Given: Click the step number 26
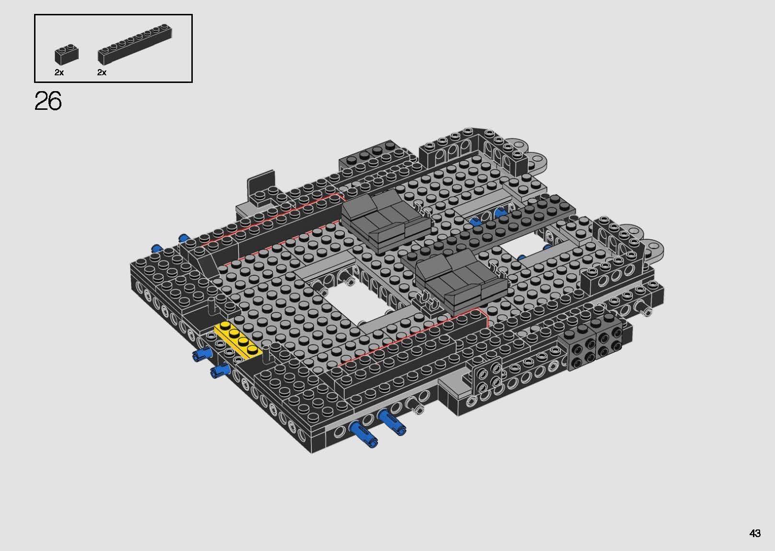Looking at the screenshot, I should click(48, 101).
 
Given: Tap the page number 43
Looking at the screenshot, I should click(755, 533).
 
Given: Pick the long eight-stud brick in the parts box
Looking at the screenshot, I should click(135, 44).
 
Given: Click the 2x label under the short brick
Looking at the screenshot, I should click(59, 72).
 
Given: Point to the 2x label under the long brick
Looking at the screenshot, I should click(102, 72).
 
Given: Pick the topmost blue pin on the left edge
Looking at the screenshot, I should click(183, 238).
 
